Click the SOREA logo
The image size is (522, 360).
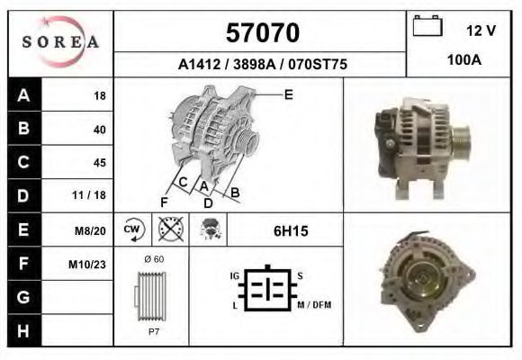[60, 41]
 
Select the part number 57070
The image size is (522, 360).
[263, 32]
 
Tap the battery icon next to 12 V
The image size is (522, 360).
[427, 25]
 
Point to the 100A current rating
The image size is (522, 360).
[464, 60]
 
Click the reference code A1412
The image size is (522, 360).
[199, 64]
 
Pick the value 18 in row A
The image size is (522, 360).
[100, 96]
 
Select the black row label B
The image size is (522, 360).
[24, 128]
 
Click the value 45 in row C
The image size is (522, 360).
[100, 163]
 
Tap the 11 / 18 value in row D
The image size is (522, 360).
[89, 194]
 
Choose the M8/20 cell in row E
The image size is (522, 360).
[90, 230]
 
